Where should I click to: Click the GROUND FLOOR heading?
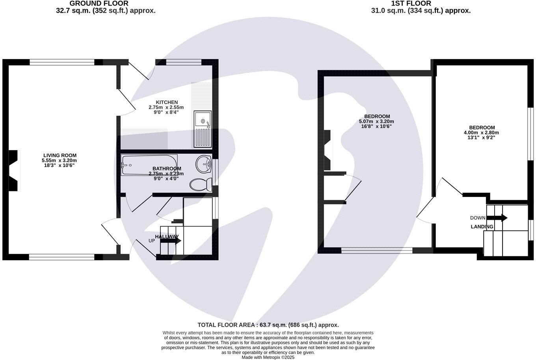point(99,4)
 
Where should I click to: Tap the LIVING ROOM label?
point(60,155)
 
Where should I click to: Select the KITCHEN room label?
point(167,102)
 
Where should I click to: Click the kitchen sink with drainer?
point(203,128)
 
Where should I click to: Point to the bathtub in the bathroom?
point(149,164)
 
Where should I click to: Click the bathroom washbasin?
point(204,164)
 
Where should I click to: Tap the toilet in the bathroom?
point(200,184)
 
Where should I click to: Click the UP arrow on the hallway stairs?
point(171,240)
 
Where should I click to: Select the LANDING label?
point(482,227)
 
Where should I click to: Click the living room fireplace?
point(14,171)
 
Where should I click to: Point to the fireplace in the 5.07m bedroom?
point(328,150)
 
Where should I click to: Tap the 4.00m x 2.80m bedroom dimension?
point(481,133)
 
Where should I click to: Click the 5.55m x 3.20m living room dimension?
point(59,161)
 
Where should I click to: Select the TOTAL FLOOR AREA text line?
point(268,325)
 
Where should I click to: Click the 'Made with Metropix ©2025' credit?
point(268,357)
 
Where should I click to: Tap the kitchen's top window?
point(184,62)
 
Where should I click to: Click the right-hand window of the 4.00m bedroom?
point(530,134)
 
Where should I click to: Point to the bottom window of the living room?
point(61,257)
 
